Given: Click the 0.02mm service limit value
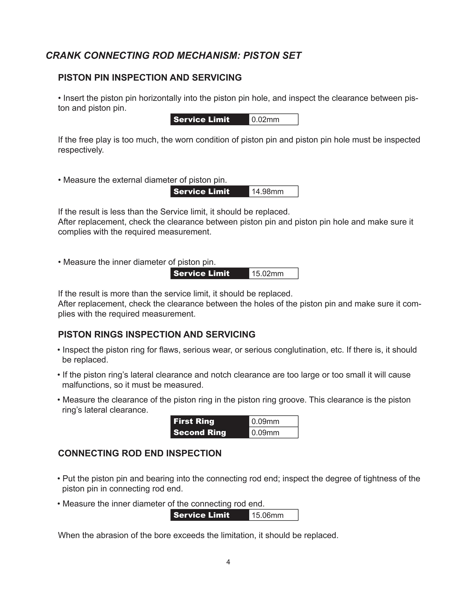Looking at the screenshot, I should (265, 120).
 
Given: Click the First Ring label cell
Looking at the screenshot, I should (194, 421).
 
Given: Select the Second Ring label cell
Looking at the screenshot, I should (200, 433).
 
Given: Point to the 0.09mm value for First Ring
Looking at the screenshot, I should (265, 421).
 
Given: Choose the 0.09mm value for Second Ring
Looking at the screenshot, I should (265, 433).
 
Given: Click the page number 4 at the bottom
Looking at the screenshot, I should (228, 562).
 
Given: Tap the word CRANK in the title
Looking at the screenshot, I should (63, 55).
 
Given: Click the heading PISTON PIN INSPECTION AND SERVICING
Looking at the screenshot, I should (150, 78).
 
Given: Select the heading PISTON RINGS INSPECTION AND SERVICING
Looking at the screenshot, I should (157, 334).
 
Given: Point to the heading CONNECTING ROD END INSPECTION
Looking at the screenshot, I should (140, 453).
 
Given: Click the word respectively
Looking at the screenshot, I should (81, 150).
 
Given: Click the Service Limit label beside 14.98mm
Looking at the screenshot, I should (201, 192).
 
